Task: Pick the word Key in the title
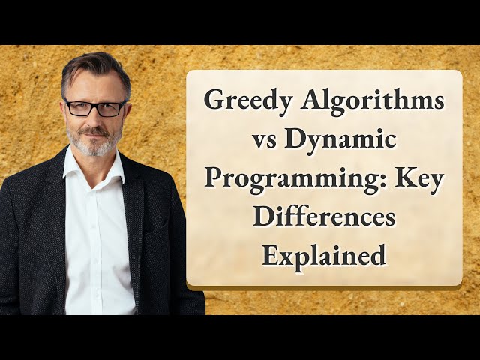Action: point(419,179)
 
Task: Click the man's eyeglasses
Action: point(95,107)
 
